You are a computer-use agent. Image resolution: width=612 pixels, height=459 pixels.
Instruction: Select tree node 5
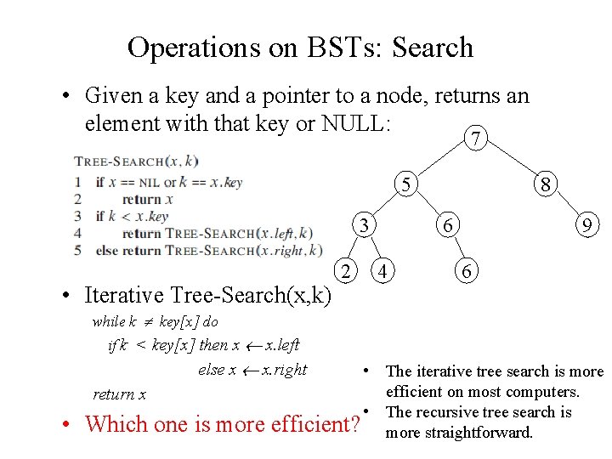[409, 184]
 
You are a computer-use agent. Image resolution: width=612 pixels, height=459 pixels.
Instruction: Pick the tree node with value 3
[364, 226]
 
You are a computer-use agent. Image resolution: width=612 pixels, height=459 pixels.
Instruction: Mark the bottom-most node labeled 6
[465, 272]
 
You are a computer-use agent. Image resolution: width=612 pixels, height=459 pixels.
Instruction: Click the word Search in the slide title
[432, 48]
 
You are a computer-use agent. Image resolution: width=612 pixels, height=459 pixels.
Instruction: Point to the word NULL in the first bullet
[354, 124]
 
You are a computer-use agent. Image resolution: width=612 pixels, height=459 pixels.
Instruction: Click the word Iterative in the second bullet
[126, 295]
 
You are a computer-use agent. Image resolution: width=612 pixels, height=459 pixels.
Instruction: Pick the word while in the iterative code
[109, 321]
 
